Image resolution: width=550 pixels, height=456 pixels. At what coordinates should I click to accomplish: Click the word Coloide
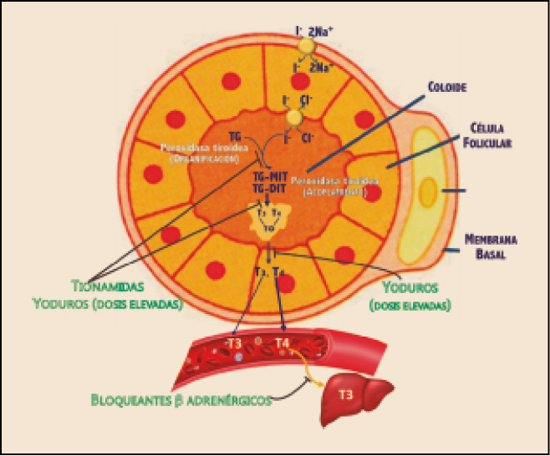446,87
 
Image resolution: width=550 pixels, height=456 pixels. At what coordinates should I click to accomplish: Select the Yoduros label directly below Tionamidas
67,305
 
